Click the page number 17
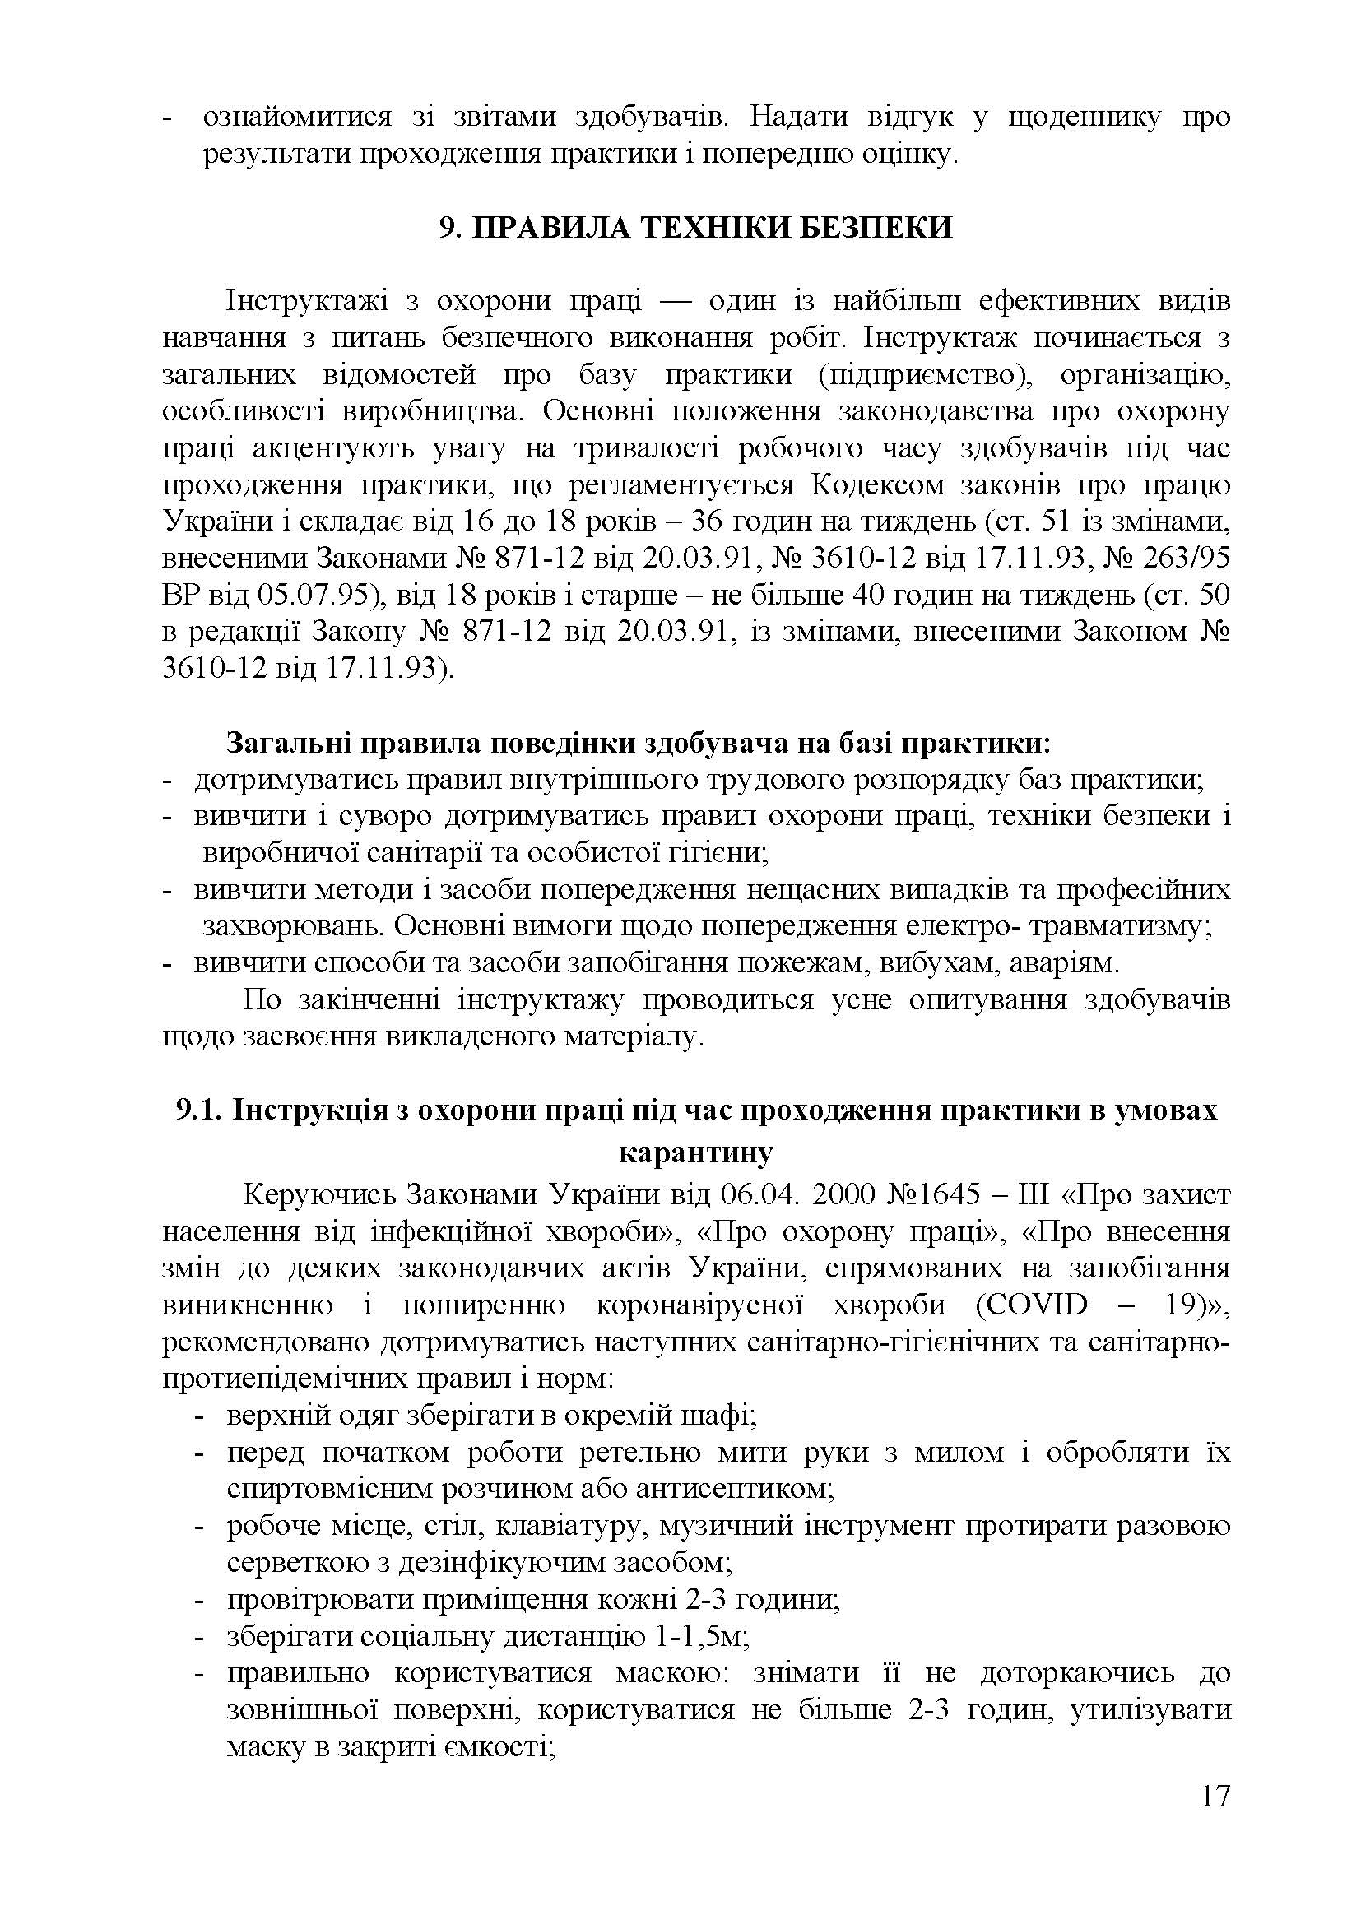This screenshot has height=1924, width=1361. pos(1215,1820)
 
